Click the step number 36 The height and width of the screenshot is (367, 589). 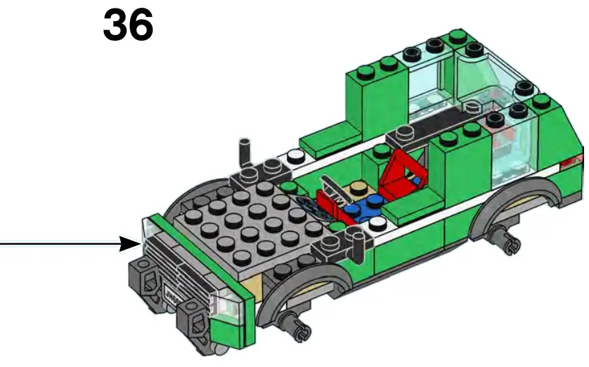coord(128,25)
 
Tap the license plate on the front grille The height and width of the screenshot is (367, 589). coord(171,290)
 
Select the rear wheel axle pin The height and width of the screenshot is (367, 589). coord(508,238)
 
